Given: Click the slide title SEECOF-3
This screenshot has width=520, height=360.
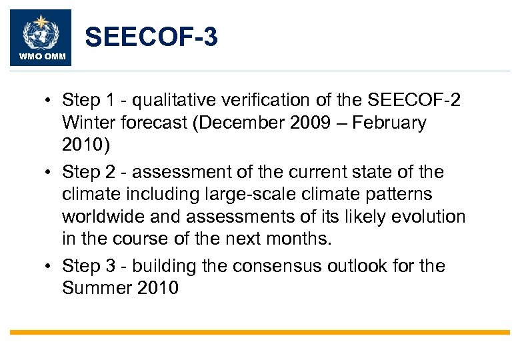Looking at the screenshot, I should pos(151,37).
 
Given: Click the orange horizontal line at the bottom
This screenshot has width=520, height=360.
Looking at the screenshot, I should pos(260,332).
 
